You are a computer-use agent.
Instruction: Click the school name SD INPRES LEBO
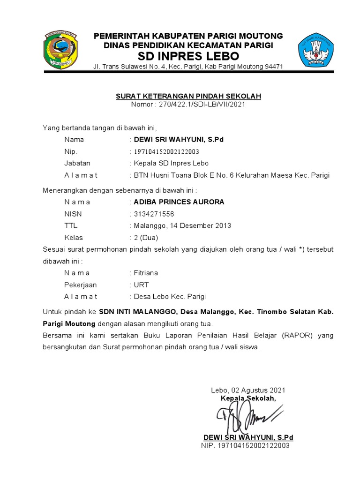tap(188, 56)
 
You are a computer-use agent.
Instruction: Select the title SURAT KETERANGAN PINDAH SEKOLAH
tap(188, 96)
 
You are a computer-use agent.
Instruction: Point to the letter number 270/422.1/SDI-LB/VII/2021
tap(202, 104)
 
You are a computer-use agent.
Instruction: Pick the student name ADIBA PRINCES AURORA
tap(179, 202)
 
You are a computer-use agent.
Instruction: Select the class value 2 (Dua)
tap(146, 238)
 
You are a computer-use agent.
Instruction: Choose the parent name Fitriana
tap(146, 273)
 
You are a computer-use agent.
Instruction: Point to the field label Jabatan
tap(77, 163)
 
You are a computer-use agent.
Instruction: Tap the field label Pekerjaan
tap(80, 285)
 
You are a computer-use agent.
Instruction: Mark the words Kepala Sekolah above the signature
tap(248, 398)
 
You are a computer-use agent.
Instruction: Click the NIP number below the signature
tap(252, 445)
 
